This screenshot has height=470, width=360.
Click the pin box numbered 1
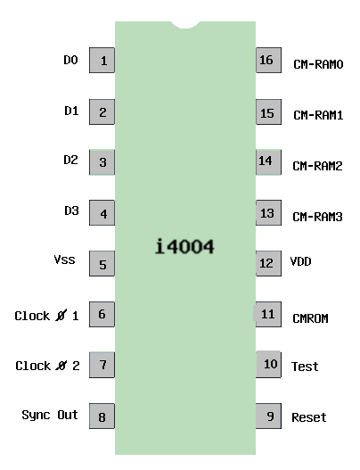[x=102, y=61]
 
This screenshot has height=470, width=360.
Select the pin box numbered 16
[x=268, y=60]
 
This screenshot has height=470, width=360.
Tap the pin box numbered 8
[x=102, y=416]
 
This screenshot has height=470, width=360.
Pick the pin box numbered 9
[x=268, y=416]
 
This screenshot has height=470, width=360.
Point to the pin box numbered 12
[x=268, y=263]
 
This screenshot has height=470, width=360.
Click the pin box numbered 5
[x=102, y=263]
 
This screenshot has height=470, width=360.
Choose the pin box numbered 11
[x=267, y=314]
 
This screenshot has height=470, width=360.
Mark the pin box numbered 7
[x=102, y=365]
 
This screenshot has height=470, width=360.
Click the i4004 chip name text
[x=184, y=246]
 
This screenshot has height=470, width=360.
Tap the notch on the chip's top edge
[x=185, y=25]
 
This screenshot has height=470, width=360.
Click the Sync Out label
[x=50, y=416]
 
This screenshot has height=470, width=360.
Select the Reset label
[x=309, y=417]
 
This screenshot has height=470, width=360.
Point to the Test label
[x=305, y=367]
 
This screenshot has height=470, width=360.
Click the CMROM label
[x=310, y=318]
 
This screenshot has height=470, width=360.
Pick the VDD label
[x=300, y=261]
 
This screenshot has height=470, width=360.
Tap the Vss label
[x=64, y=260]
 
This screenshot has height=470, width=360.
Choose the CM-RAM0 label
[x=318, y=64]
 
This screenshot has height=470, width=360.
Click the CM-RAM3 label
[x=317, y=217]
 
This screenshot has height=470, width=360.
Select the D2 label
[x=71, y=160]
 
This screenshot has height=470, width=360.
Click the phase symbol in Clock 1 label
[x=61, y=316]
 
